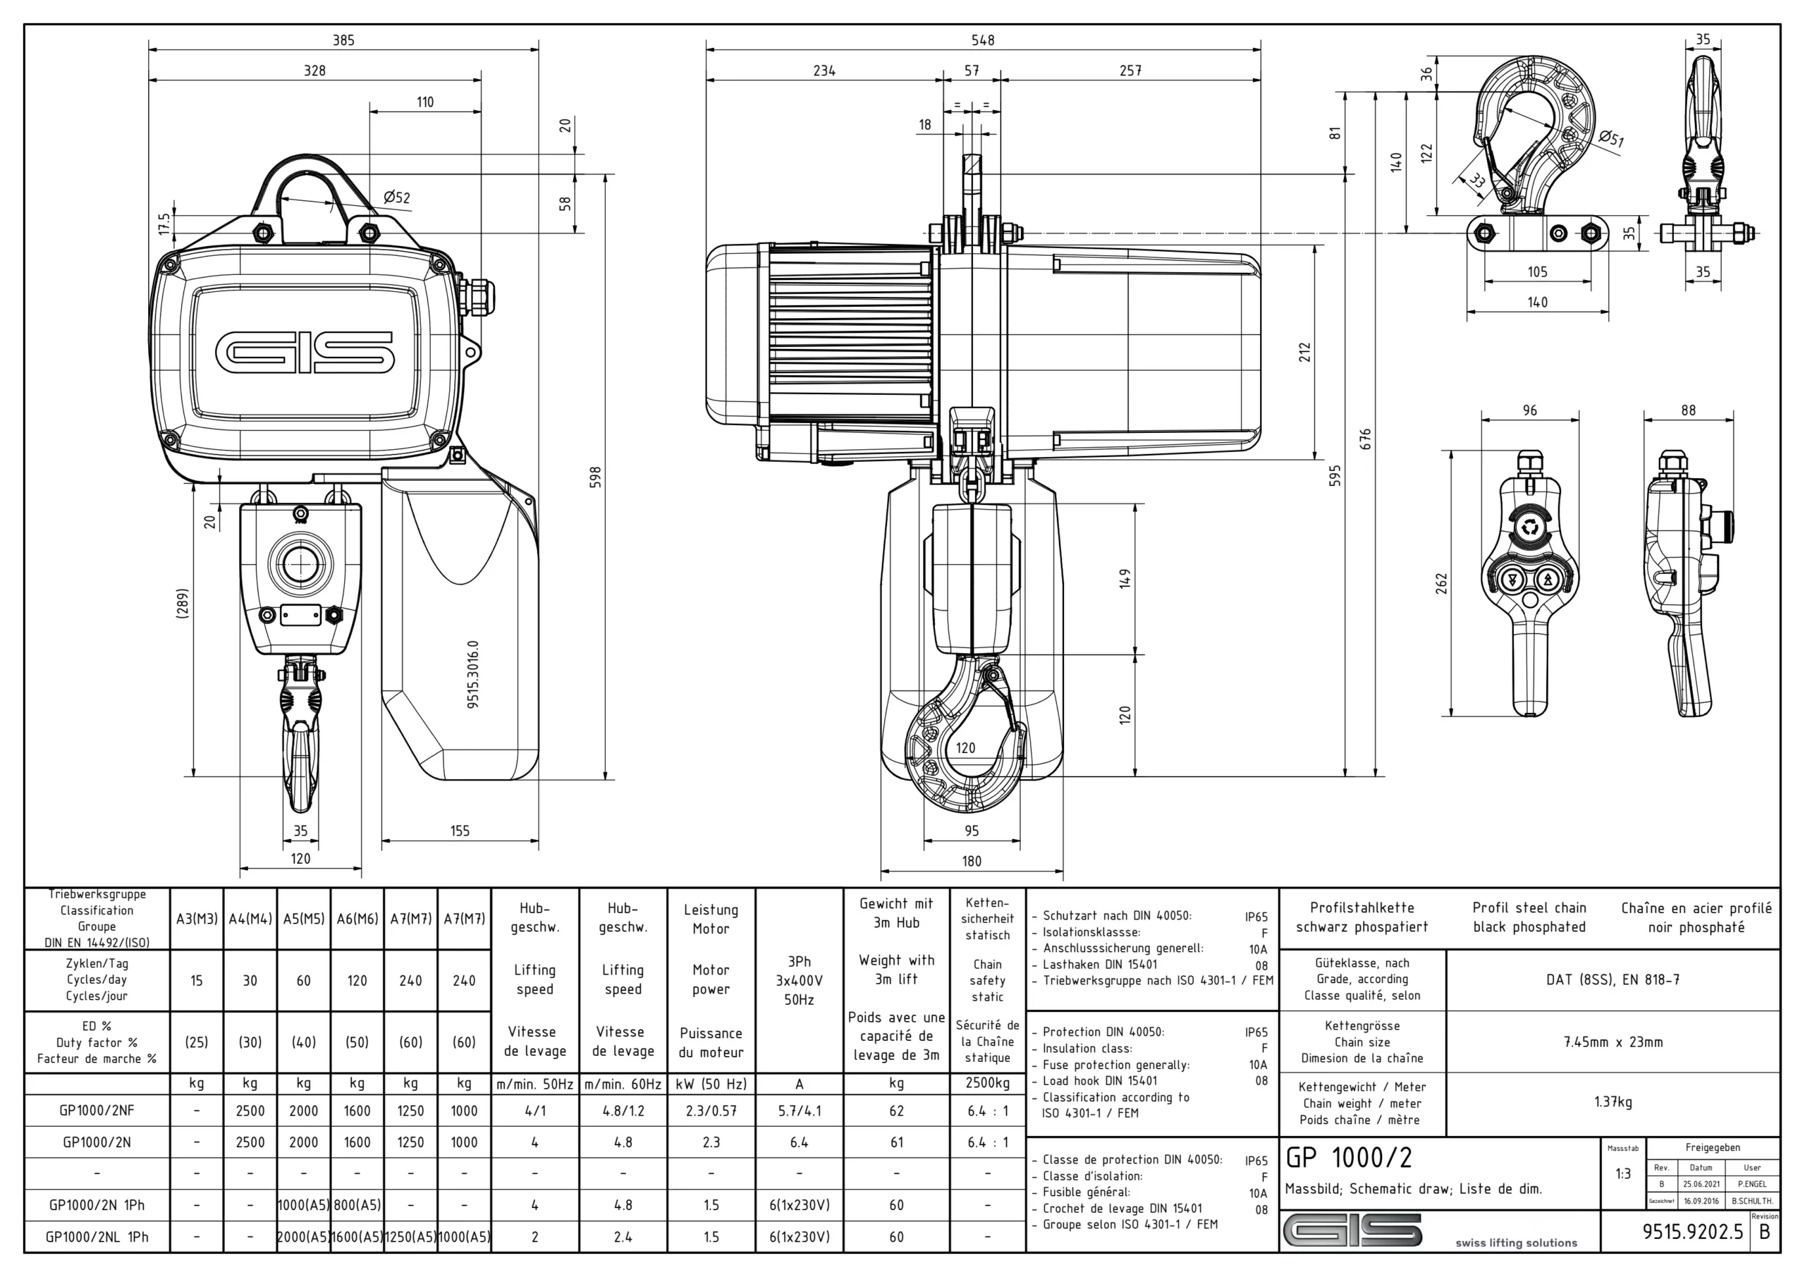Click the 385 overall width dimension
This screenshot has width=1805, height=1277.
[x=343, y=40]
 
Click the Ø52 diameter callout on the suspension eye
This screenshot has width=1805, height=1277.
[x=397, y=197]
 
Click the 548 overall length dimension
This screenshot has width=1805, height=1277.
[x=983, y=40]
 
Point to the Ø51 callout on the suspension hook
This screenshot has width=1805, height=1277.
[x=1611, y=139]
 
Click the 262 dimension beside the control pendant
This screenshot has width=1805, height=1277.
[x=1441, y=582]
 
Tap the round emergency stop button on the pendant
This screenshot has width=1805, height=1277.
[x=1529, y=527]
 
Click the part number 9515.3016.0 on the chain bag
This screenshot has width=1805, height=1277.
[x=472, y=674]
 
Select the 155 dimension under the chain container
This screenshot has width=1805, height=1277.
[x=460, y=831]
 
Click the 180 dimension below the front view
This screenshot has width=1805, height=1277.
[x=972, y=861]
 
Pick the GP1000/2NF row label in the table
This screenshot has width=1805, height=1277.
[x=97, y=1111]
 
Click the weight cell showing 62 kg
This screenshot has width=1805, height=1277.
[x=896, y=1111]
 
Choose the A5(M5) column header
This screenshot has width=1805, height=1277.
[x=303, y=918]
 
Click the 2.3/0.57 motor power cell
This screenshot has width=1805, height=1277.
[x=711, y=1111]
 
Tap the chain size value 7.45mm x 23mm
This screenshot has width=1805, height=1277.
[x=1613, y=1042]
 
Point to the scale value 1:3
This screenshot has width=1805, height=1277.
[x=1622, y=1173]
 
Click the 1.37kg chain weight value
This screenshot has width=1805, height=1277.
[x=1613, y=1101]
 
